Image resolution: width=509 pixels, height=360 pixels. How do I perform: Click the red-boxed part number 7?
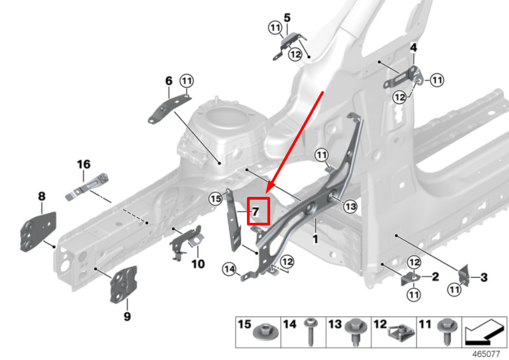click(257, 211)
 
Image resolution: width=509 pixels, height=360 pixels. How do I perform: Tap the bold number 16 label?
click(83, 164)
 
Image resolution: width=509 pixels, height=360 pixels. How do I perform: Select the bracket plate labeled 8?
click(38, 230)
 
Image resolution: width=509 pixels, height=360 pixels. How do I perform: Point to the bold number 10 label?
click(198, 264)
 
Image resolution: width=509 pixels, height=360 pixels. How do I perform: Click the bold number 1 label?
click(316, 237)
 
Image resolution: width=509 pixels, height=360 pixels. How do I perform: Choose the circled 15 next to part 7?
click(216, 199)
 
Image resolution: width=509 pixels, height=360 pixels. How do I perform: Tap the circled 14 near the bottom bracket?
click(229, 269)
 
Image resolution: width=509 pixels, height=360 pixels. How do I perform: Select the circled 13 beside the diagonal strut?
click(350, 206)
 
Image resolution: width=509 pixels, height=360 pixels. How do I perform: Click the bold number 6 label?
click(168, 81)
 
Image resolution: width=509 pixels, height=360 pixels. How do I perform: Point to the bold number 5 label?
click(287, 18)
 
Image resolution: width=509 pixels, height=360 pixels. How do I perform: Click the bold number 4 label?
click(413, 47)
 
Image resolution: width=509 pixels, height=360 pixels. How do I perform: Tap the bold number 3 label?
click(484, 278)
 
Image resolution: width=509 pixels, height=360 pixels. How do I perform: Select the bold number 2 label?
click(435, 277)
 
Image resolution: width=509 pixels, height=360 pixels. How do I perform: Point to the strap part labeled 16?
click(87, 184)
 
